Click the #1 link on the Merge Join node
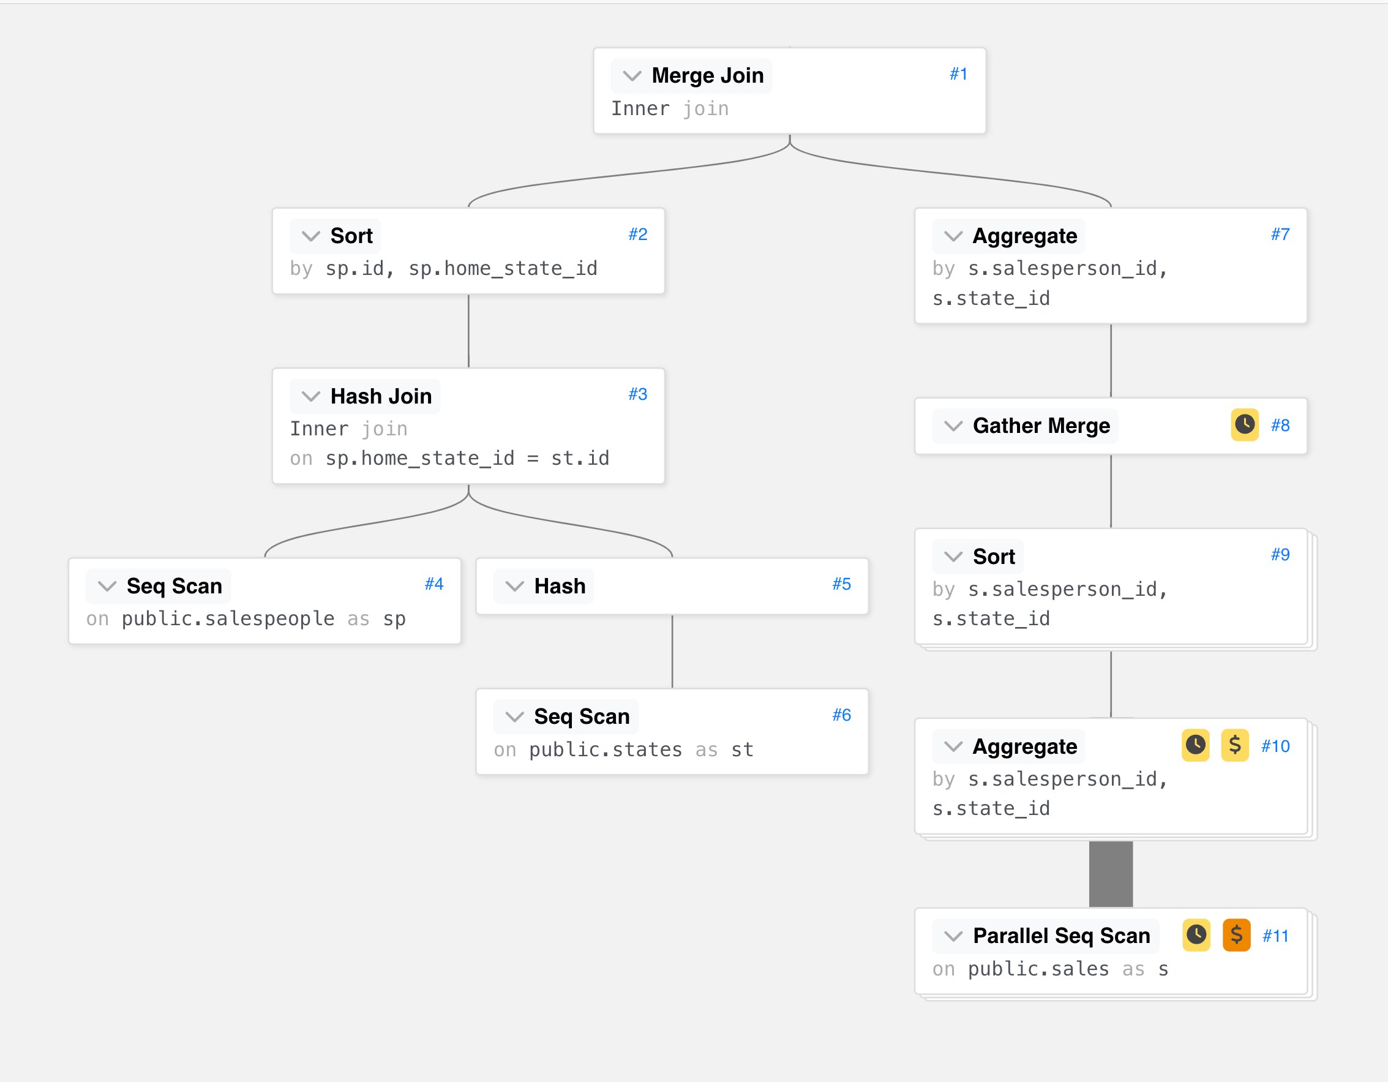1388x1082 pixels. point(958,74)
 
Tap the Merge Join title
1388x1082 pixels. point(707,76)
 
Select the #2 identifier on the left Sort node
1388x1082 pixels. point(637,235)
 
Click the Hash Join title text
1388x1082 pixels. point(381,396)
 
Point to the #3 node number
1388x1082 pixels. point(637,394)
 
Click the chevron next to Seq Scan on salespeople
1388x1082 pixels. point(107,586)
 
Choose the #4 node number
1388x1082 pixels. point(434,584)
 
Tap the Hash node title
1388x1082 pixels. point(559,586)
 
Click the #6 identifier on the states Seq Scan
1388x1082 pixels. point(841,715)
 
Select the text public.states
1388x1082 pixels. point(606,750)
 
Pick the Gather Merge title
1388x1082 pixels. point(1041,426)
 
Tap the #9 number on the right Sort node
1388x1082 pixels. point(1280,555)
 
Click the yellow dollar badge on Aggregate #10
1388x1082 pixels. point(1235,745)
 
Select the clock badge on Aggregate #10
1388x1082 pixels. point(1195,745)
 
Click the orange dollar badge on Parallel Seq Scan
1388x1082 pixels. point(1236,935)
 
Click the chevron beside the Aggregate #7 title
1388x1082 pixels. point(953,236)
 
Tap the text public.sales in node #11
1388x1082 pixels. point(1038,969)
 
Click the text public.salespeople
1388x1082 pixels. point(228,619)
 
